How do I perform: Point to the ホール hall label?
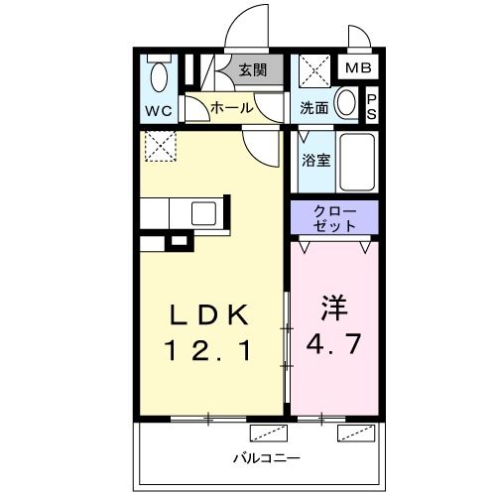pyautogui.click(x=232, y=108)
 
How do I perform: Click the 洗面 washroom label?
pyautogui.click(x=314, y=108)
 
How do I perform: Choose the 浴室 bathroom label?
pyautogui.click(x=315, y=159)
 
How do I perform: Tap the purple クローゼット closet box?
pyautogui.click(x=334, y=218)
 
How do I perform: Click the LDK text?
pyautogui.click(x=208, y=314)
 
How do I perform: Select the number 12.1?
pyautogui.click(x=208, y=349)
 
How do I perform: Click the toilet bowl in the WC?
pyautogui.click(x=158, y=75)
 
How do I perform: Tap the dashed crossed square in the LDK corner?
pyautogui.click(x=159, y=146)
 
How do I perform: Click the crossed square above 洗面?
pyautogui.click(x=315, y=72)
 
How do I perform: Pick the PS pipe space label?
pyautogui.click(x=372, y=104)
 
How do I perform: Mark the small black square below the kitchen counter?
pyautogui.click(x=179, y=240)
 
